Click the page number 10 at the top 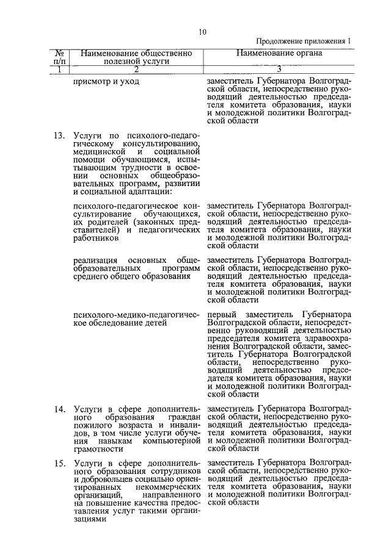(x=202, y=32)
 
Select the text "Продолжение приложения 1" (x=303, y=41)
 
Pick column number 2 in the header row (x=136, y=69)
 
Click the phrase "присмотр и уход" (x=101, y=81)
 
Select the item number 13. (x=59, y=135)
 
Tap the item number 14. (x=59, y=409)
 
